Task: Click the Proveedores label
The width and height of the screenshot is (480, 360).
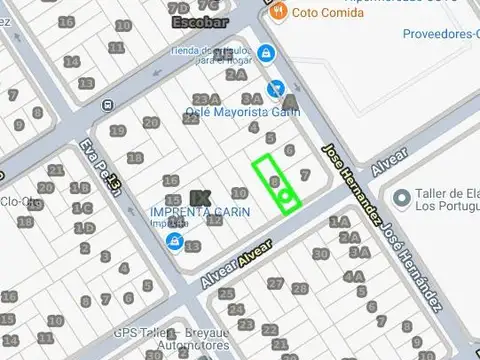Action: tap(441, 33)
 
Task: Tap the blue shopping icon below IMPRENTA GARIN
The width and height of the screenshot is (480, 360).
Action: tap(175, 242)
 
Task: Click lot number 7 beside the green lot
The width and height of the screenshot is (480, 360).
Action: tap(305, 174)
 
